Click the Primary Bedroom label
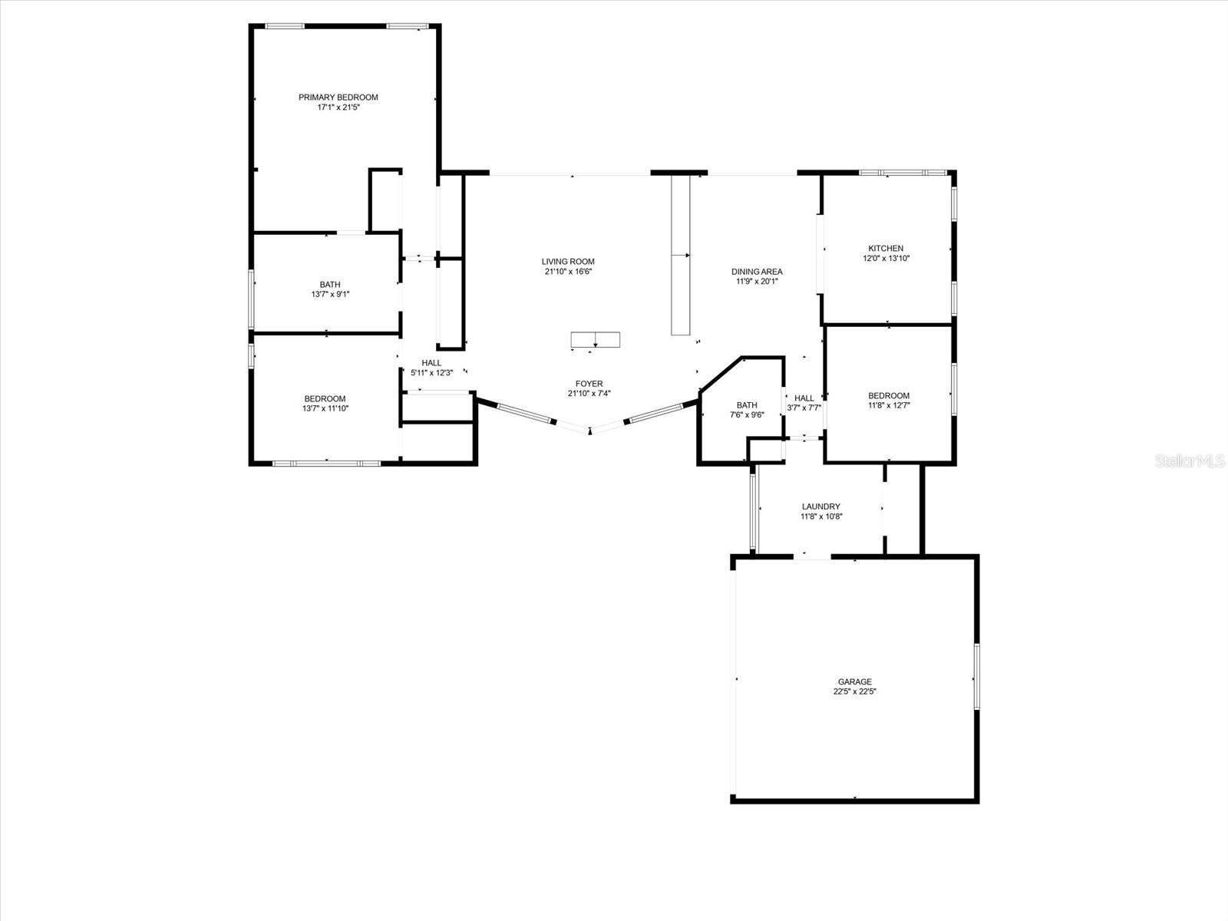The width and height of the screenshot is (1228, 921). tap(338, 97)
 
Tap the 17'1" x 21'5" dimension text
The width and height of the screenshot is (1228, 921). tap(338, 108)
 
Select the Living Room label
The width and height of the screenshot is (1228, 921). tap(568, 262)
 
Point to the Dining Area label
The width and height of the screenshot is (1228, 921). tap(757, 272)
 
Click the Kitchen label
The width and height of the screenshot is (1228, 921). tap(886, 249)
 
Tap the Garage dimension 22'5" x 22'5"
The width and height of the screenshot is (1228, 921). tap(854, 692)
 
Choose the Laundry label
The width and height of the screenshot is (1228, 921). tap(820, 507)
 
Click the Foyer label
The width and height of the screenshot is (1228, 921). tap(589, 384)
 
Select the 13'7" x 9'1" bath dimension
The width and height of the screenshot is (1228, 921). tap(330, 294)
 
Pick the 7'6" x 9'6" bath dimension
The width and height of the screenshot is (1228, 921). tap(746, 415)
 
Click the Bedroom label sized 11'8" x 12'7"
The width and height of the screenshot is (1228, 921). tap(889, 396)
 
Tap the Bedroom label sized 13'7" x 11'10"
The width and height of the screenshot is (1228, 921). tap(325, 398)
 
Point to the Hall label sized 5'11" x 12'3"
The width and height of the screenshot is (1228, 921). tap(431, 363)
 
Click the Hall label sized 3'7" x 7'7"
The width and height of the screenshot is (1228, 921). tap(804, 398)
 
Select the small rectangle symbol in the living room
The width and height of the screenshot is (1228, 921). tap(595, 339)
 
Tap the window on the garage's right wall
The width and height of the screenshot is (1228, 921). tap(977, 675)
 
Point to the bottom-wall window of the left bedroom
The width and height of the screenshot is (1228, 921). tap(326, 463)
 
